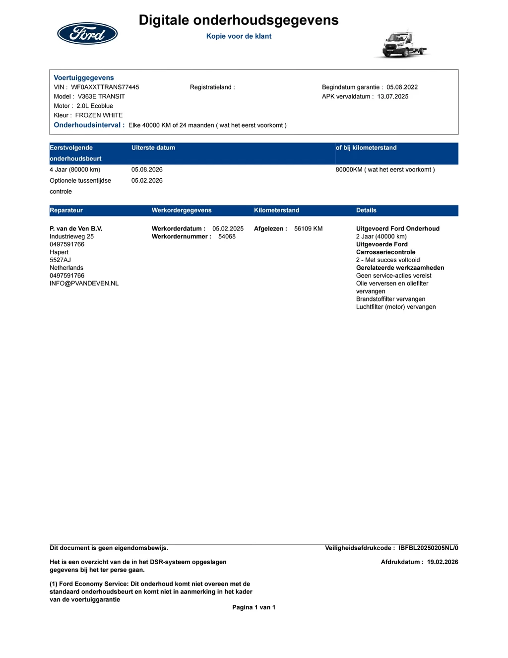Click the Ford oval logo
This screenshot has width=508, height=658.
click(x=87, y=33)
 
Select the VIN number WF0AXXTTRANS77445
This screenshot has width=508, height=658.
click(x=105, y=87)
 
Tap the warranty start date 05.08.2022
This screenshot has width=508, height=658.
click(x=402, y=87)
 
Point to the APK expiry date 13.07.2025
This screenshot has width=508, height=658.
click(x=392, y=96)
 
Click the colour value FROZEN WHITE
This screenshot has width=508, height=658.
click(x=99, y=115)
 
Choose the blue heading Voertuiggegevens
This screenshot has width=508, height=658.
click(x=84, y=77)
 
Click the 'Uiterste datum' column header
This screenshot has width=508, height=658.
click(x=153, y=147)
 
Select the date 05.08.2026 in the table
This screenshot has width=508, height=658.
click(x=147, y=169)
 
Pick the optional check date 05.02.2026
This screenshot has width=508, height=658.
click(x=147, y=180)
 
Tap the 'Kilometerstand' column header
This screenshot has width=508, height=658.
click(x=276, y=210)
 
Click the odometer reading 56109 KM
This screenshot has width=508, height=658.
click(x=308, y=228)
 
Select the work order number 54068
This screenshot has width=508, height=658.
click(x=227, y=236)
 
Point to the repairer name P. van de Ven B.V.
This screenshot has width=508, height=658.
click(x=76, y=228)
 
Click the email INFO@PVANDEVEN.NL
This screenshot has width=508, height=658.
click(x=84, y=283)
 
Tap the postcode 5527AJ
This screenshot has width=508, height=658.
click(x=60, y=260)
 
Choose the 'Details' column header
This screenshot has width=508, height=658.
click(x=366, y=210)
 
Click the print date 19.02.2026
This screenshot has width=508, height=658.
click(x=443, y=562)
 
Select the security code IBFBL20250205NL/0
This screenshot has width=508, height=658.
click(x=428, y=548)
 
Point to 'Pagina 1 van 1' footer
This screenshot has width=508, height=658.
click(x=254, y=607)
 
